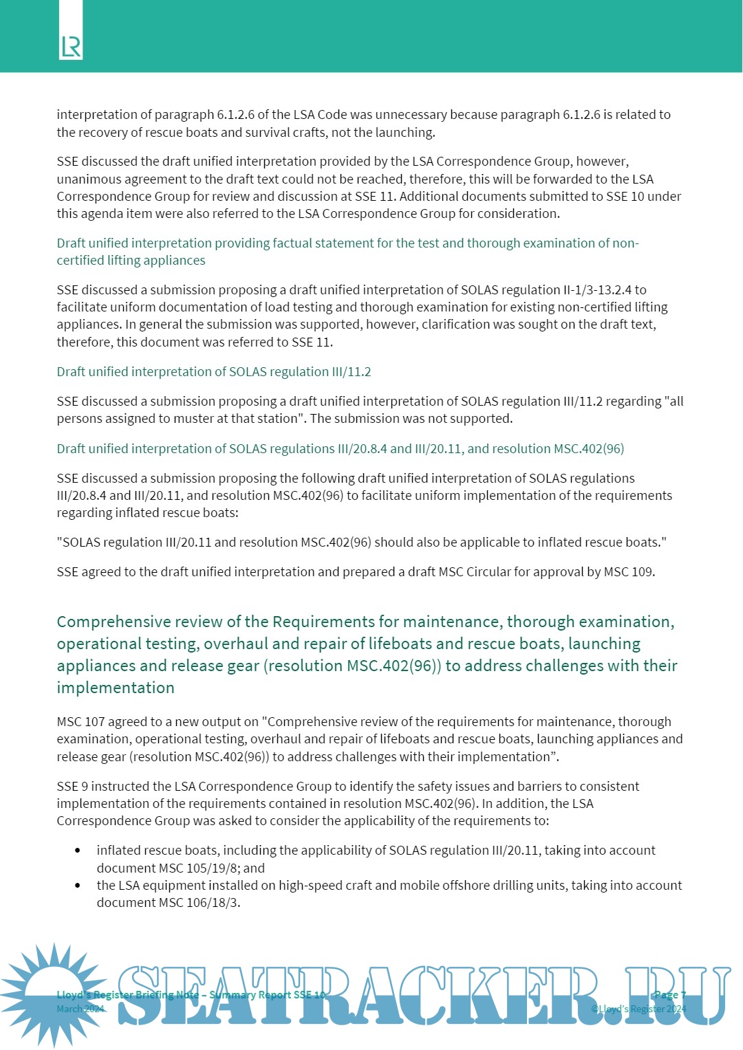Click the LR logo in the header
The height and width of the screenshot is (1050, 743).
(x=71, y=47)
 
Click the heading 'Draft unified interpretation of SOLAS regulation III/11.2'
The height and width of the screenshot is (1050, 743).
(x=214, y=372)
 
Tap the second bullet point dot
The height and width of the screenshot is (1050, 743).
(x=78, y=886)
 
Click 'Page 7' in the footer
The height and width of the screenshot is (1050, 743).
(x=669, y=994)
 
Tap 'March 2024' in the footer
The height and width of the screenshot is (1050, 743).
(x=80, y=1009)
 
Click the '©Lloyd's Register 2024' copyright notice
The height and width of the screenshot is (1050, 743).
(x=638, y=1009)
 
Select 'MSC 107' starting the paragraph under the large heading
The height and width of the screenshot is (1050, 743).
(x=79, y=722)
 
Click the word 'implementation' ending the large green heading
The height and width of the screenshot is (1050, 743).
(x=116, y=688)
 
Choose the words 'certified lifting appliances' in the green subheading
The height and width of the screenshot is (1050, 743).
(x=131, y=261)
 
